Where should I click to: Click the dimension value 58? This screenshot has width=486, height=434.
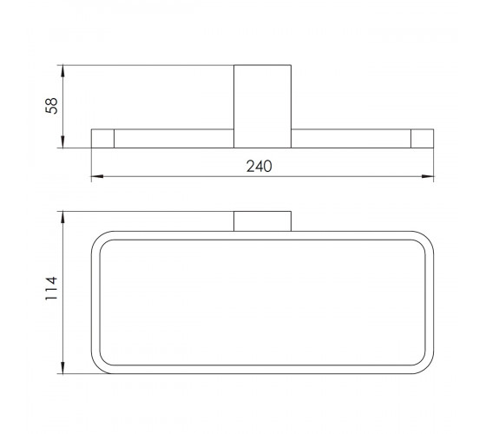51,106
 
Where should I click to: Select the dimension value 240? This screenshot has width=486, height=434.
259,166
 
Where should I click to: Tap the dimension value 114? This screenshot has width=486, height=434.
51,288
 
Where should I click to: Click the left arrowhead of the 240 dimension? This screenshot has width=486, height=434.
97,176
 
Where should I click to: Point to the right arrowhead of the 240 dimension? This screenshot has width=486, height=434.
428,176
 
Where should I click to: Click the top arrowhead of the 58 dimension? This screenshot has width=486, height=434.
62,71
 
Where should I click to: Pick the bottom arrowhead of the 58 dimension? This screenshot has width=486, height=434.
62,142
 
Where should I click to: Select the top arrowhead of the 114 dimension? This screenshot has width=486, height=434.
62,217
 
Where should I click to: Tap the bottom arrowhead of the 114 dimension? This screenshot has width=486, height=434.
62,368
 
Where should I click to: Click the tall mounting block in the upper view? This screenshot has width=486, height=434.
262,106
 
